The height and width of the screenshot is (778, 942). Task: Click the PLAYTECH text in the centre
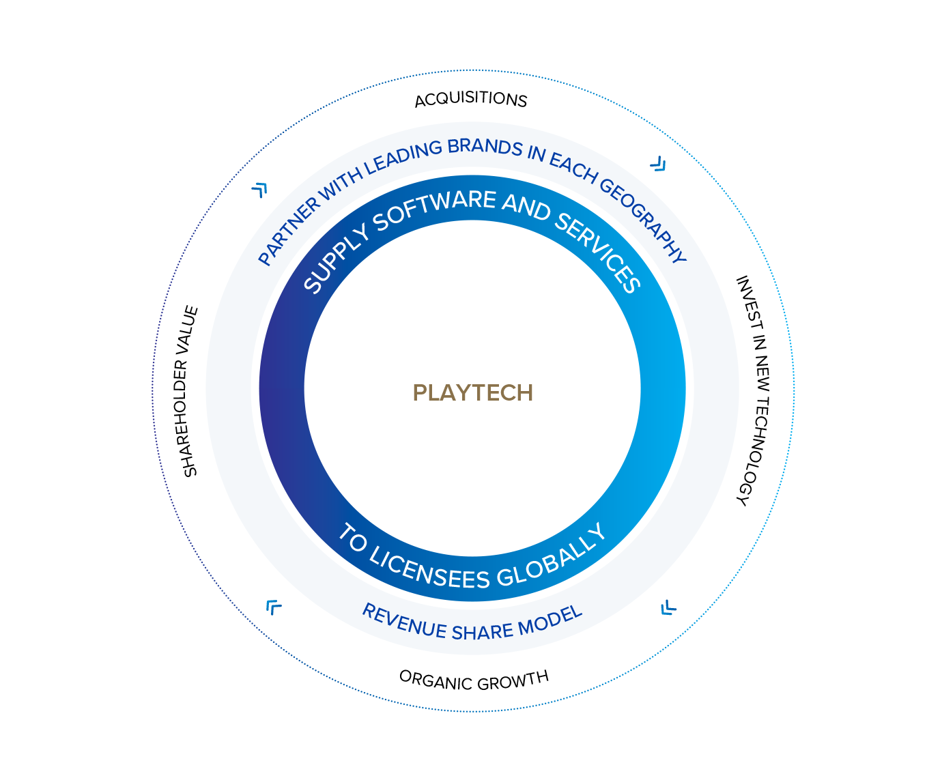click(x=472, y=393)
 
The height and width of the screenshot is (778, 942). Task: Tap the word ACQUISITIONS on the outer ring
click(x=471, y=100)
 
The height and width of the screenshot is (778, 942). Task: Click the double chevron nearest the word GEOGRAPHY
click(x=657, y=164)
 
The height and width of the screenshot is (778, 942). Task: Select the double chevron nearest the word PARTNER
click(x=259, y=189)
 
